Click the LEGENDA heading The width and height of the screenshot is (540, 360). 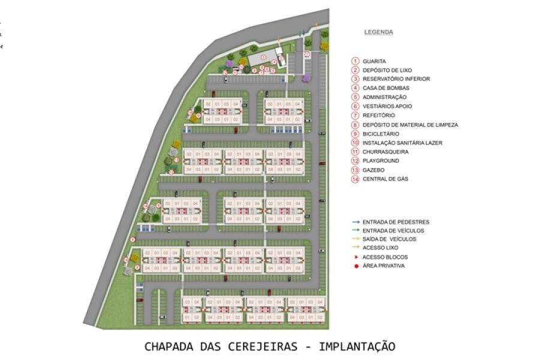(x=378, y=32)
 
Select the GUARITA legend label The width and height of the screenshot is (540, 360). (x=374, y=61)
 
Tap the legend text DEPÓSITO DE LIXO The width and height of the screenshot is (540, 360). (x=387, y=70)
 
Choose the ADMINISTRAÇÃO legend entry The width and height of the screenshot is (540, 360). (x=384, y=97)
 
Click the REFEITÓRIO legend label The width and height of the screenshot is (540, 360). (x=379, y=115)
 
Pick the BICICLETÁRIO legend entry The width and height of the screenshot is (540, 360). (x=380, y=134)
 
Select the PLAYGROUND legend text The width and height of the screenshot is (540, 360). (x=380, y=161)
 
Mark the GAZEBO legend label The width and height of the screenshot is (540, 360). (x=373, y=170)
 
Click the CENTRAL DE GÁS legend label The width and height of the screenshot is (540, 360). (x=385, y=179)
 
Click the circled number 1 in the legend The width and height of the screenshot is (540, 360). (x=355, y=61)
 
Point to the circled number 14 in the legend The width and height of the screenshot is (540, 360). (x=355, y=179)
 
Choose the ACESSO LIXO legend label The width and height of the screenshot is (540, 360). (x=380, y=248)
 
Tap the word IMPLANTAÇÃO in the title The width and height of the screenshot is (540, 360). (x=357, y=347)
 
